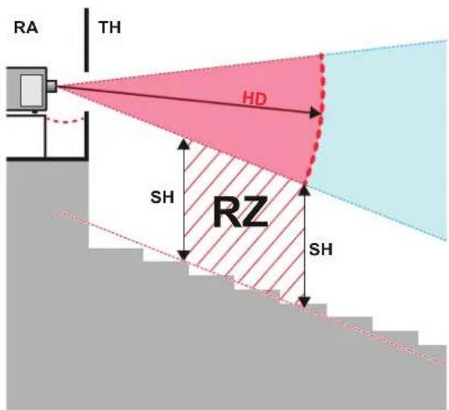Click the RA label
pyautogui.click(x=26, y=27)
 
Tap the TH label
pyautogui.click(x=110, y=27)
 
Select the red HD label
pyautogui.click(x=254, y=99)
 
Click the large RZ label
pyautogui.click(x=240, y=211)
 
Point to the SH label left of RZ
pyautogui.click(x=162, y=197)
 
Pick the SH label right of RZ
pyautogui.click(x=321, y=249)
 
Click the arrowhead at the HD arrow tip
pyautogui.click(x=316, y=113)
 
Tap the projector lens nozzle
pyautogui.click(x=52, y=86)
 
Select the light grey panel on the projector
pyautogui.click(x=32, y=90)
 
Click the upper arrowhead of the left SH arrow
pyautogui.click(x=184, y=144)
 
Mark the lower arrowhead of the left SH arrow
pyautogui.click(x=184, y=254)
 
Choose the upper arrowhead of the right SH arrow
pyautogui.click(x=304, y=190)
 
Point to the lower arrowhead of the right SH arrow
pyautogui.click(x=304, y=302)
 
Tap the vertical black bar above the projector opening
pyautogui.click(x=86, y=40)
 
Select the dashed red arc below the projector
pyautogui.click(x=66, y=121)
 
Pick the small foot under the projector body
pyautogui.click(x=35, y=112)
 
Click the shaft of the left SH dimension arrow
pyautogui.click(x=184, y=200)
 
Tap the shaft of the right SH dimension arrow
pyautogui.click(x=304, y=246)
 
